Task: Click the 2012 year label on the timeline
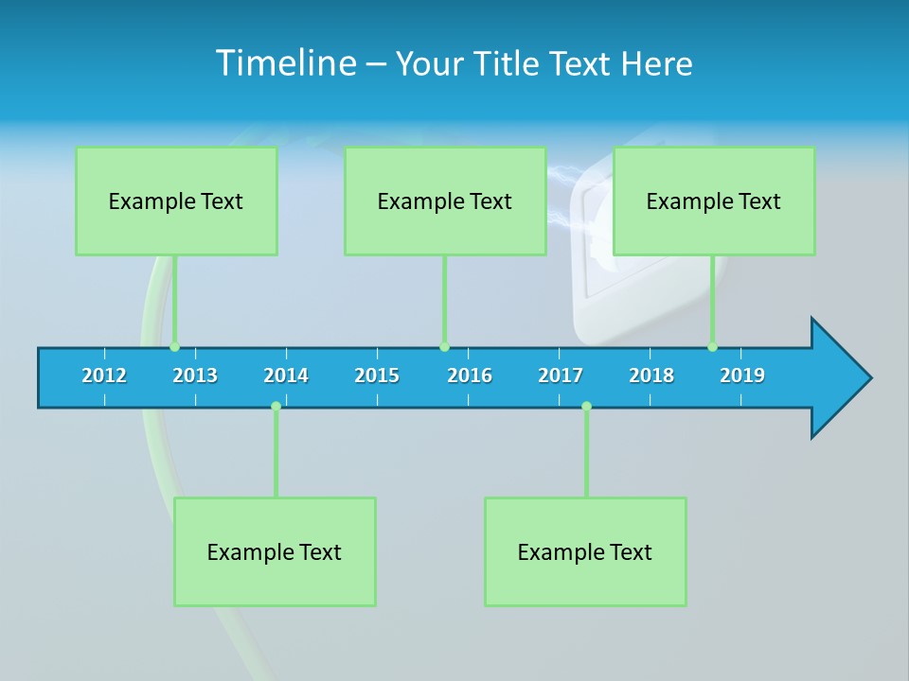pyautogui.click(x=104, y=375)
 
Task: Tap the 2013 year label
pyautogui.click(x=195, y=375)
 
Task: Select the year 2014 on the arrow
pyautogui.click(x=286, y=375)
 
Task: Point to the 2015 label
pyautogui.click(x=377, y=375)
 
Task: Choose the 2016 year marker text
pyautogui.click(x=470, y=375)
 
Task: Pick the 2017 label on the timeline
pyautogui.click(x=561, y=375)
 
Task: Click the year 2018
pyautogui.click(x=651, y=375)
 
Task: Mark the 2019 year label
pyautogui.click(x=742, y=375)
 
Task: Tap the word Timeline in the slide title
pyautogui.click(x=285, y=63)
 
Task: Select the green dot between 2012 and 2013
pyautogui.click(x=175, y=347)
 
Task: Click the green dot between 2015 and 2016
pyautogui.click(x=445, y=347)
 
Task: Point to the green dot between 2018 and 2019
pyautogui.click(x=713, y=347)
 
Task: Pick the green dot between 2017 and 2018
pyautogui.click(x=586, y=407)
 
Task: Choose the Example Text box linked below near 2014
pyautogui.click(x=275, y=551)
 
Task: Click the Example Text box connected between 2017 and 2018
pyautogui.click(x=585, y=551)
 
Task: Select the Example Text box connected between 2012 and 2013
pyautogui.click(x=176, y=201)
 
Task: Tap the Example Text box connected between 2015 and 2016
pyautogui.click(x=445, y=201)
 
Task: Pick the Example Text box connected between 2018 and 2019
pyautogui.click(x=714, y=201)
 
